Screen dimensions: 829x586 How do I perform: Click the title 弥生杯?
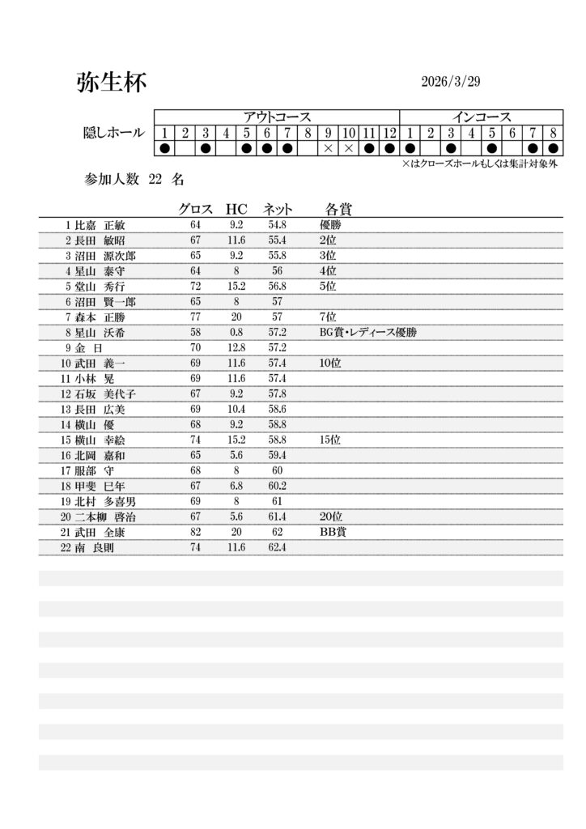pyautogui.click(x=112, y=83)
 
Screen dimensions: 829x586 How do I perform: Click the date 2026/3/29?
pyautogui.click(x=451, y=83)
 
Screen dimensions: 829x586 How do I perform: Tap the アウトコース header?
pyautogui.click(x=277, y=117)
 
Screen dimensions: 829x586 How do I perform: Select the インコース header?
pyautogui.click(x=482, y=117)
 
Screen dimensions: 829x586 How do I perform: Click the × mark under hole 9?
pyautogui.click(x=328, y=149)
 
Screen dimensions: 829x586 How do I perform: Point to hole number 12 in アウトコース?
pyautogui.click(x=390, y=133)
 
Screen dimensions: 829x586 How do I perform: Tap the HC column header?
pyautogui.click(x=236, y=209)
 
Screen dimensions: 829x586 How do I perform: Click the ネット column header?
pyautogui.click(x=278, y=209)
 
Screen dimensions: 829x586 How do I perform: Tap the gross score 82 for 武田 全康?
pyautogui.click(x=195, y=533)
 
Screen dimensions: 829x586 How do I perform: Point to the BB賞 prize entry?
pyautogui.click(x=333, y=533)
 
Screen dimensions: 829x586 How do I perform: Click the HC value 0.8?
pyautogui.click(x=236, y=332)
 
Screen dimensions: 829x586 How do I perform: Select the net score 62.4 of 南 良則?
pyautogui.click(x=278, y=548)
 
